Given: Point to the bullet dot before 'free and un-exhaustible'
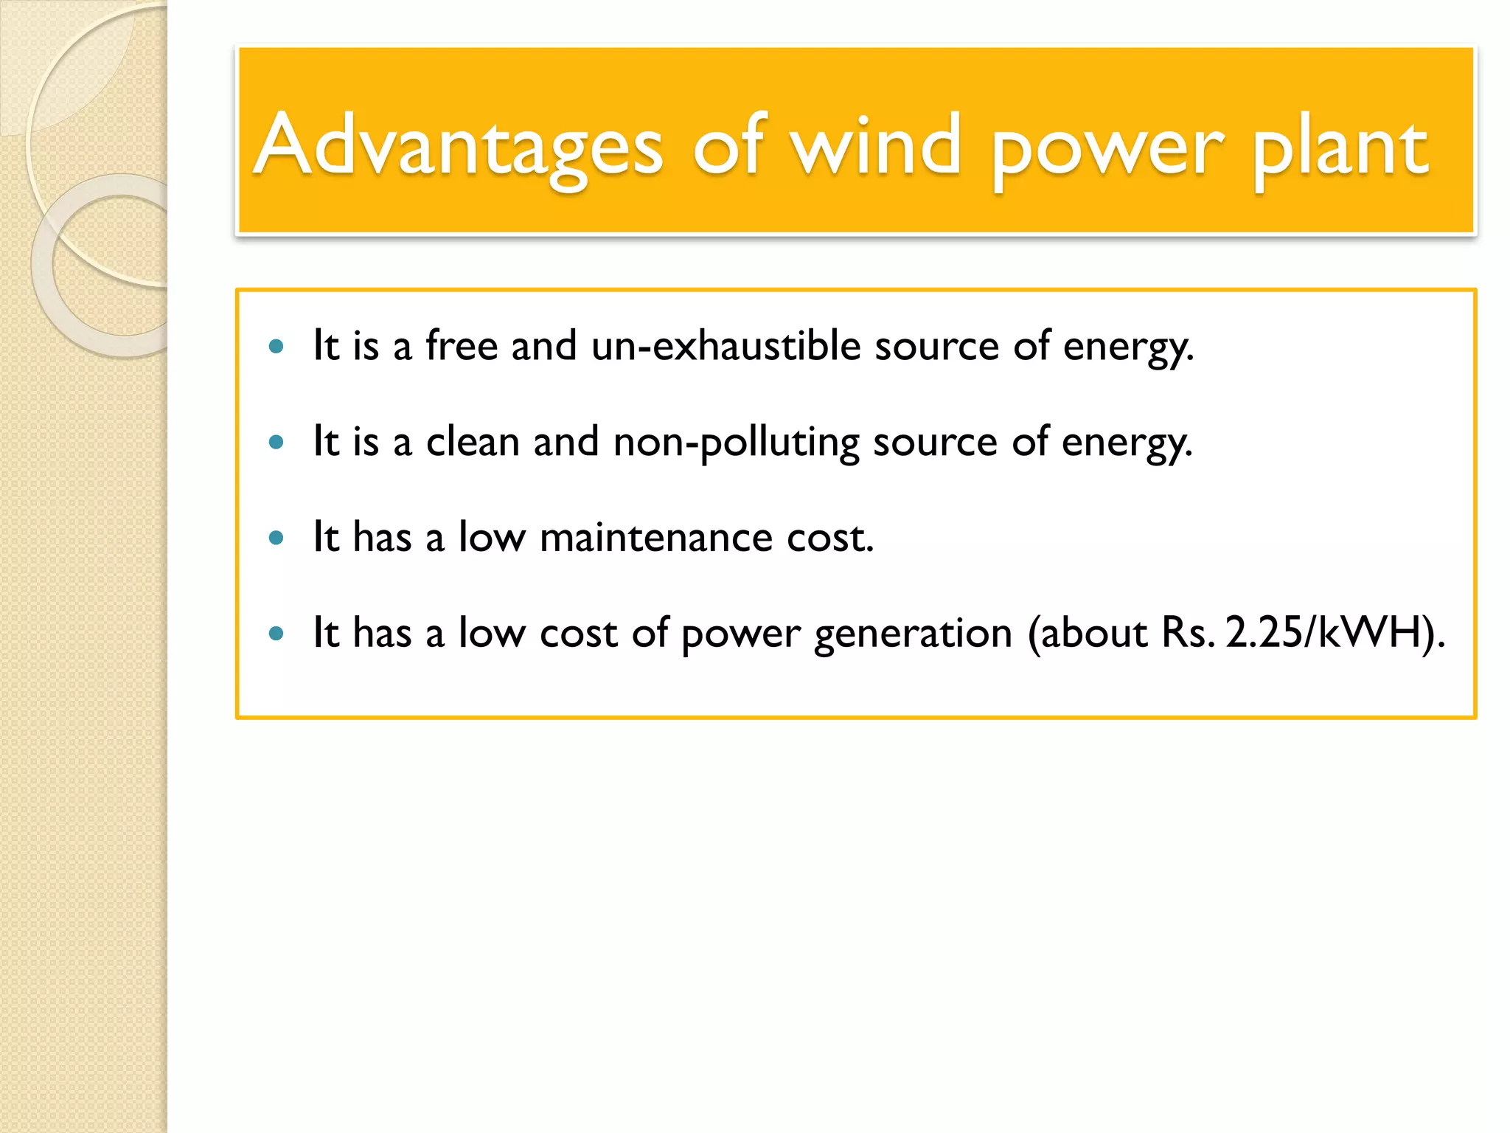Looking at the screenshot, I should (276, 346).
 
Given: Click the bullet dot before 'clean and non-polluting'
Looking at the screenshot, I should (276, 442).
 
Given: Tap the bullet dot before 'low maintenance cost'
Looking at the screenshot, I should (276, 538).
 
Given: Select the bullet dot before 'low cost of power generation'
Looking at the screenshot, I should (276, 633).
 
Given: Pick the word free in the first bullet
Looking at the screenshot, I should (462, 345).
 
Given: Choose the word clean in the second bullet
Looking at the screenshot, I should (473, 441).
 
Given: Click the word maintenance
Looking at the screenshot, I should (656, 537).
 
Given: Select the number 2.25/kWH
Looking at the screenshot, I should (1324, 633).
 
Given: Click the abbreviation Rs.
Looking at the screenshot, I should (1188, 633).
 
